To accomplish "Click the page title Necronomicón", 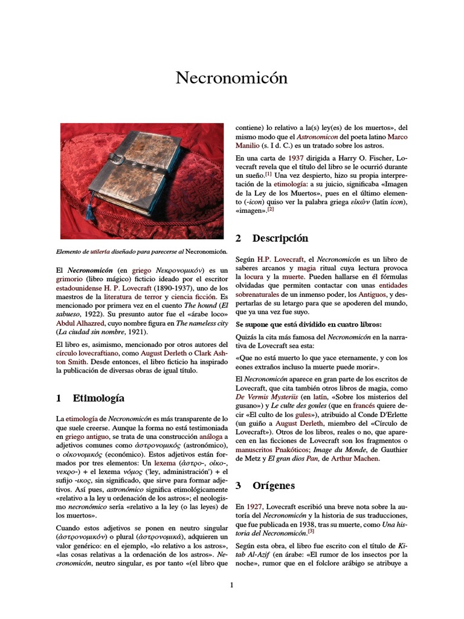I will coord(231,78).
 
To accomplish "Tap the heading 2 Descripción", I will coord(271,238).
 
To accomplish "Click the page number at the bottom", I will coord(231,585).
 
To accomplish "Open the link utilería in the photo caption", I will coord(101,251).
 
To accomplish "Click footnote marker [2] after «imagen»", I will coord(271,209).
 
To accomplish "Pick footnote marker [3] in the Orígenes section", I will coord(311,532).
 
